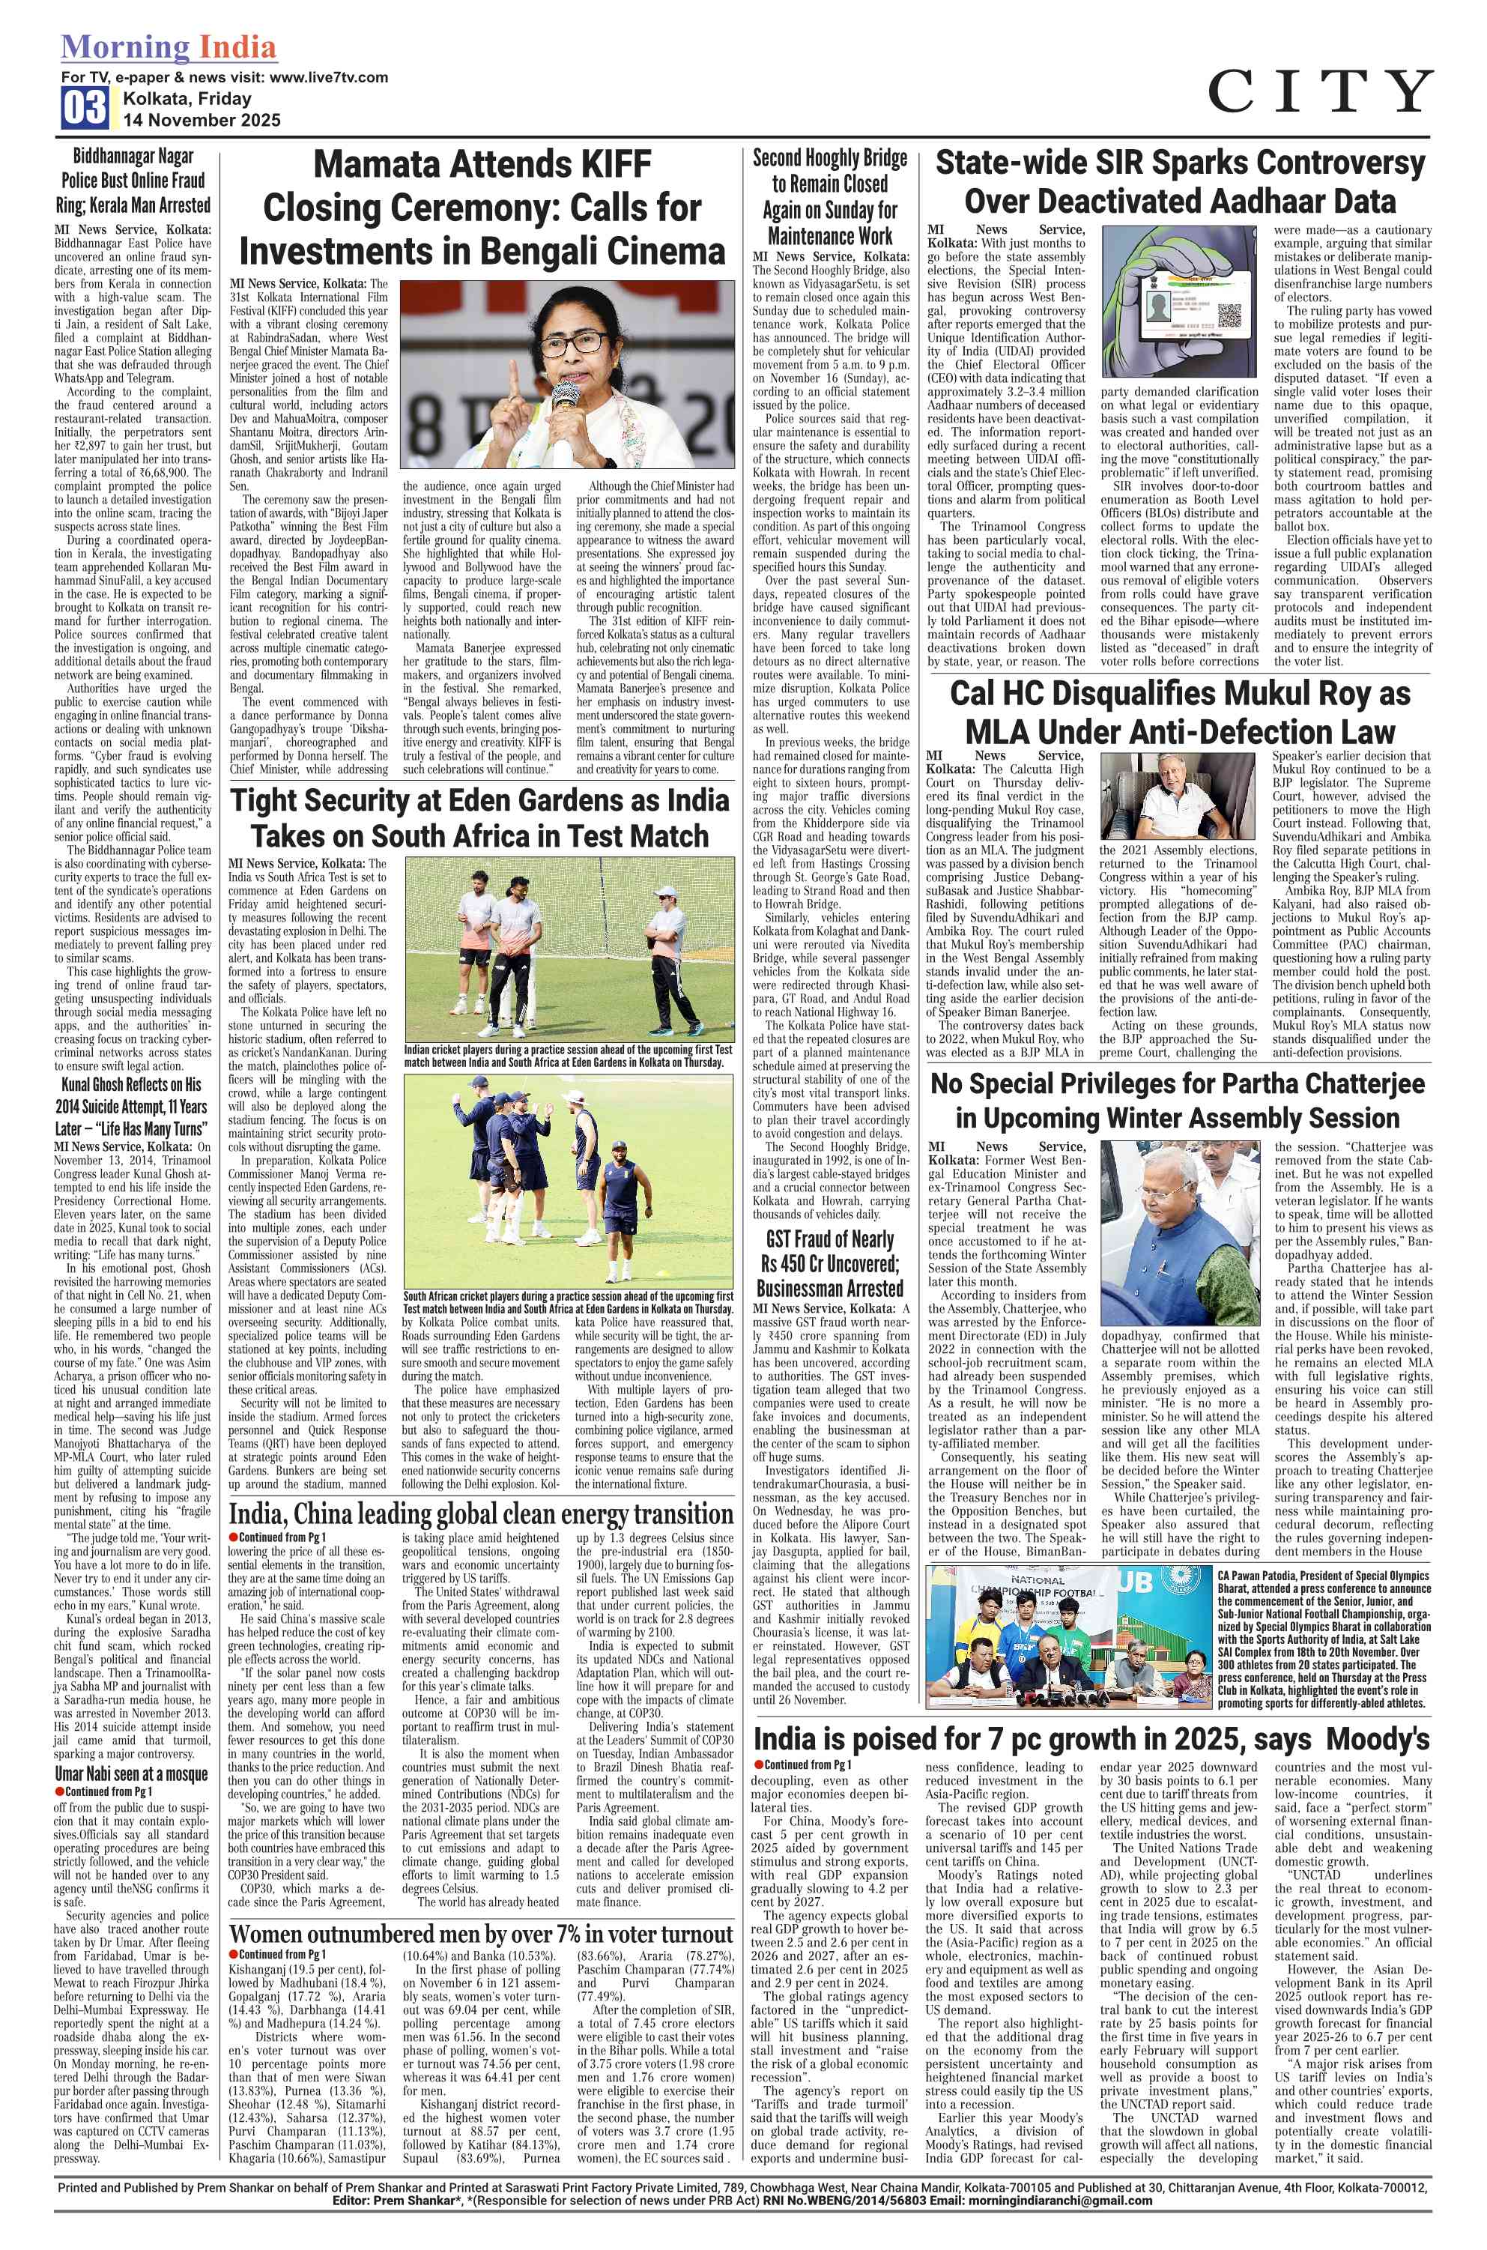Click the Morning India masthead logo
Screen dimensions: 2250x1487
(169, 47)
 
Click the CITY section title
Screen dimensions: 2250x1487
(1319, 92)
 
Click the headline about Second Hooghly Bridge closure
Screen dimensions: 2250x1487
(830, 196)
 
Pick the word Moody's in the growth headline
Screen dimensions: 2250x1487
(1378, 1739)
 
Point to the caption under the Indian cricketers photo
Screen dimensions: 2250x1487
(568, 1056)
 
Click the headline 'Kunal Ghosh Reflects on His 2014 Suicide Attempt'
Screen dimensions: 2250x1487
(133, 1106)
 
